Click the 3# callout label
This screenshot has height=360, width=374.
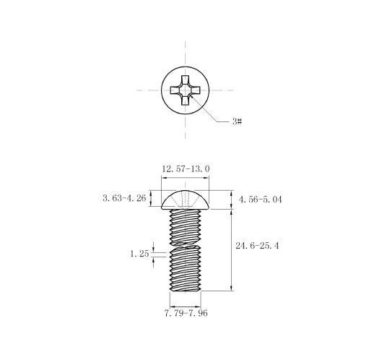(x=237, y=121)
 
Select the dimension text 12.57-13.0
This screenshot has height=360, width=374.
(x=186, y=168)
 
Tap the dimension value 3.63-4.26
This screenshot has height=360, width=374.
(x=124, y=198)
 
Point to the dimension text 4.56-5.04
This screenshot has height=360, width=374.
(x=260, y=200)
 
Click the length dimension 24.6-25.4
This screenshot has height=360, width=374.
(x=257, y=246)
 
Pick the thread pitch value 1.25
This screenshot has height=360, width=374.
(x=139, y=254)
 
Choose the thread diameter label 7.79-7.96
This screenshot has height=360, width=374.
(x=186, y=313)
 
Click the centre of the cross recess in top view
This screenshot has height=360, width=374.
(x=185, y=90)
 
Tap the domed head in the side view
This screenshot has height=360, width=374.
(x=185, y=200)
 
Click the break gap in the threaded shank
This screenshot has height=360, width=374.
(x=186, y=244)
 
